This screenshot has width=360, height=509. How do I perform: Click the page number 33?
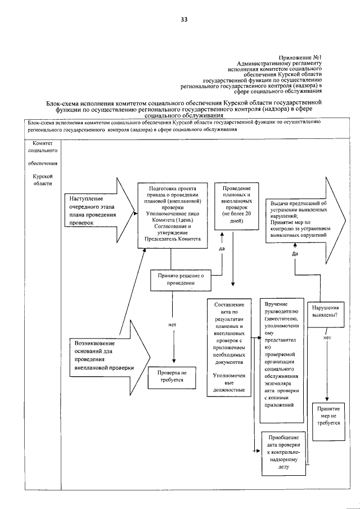184,20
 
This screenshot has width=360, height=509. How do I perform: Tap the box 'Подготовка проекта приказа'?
172,214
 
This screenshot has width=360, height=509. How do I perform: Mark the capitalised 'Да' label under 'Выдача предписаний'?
295,254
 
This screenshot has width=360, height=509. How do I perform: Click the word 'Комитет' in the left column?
43,143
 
